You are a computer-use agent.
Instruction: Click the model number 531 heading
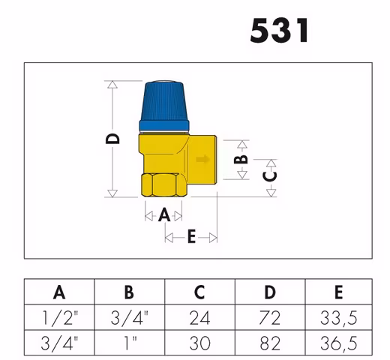click(x=278, y=31)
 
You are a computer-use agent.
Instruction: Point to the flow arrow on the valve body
click(x=202, y=159)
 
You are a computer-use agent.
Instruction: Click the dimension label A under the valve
click(x=164, y=215)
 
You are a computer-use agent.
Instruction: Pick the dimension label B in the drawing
click(x=240, y=159)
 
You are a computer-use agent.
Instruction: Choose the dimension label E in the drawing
click(x=190, y=238)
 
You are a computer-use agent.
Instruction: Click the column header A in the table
click(x=58, y=292)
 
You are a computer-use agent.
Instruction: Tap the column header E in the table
click(x=339, y=292)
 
